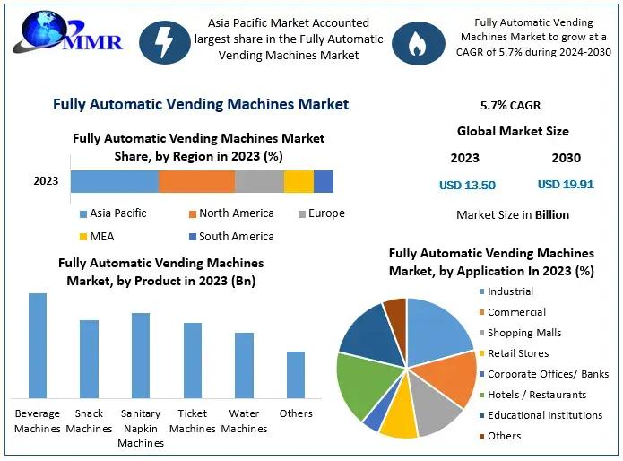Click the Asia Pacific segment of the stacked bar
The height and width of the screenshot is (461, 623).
115,181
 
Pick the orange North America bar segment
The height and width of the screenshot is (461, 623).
196,181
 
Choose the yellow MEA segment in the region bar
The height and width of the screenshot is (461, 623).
299,181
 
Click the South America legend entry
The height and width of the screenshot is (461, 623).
231,237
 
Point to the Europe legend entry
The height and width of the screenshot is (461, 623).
320,213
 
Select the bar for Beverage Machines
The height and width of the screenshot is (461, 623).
38,345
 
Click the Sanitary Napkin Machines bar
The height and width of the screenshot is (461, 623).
141,355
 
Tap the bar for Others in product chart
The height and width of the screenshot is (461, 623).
296,375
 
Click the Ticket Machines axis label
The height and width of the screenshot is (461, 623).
193,422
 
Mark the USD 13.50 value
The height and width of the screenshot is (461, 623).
467,186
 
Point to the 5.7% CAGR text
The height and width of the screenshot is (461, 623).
511,106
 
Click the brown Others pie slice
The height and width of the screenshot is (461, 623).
395,310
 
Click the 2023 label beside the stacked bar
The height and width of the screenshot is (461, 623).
46,181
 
